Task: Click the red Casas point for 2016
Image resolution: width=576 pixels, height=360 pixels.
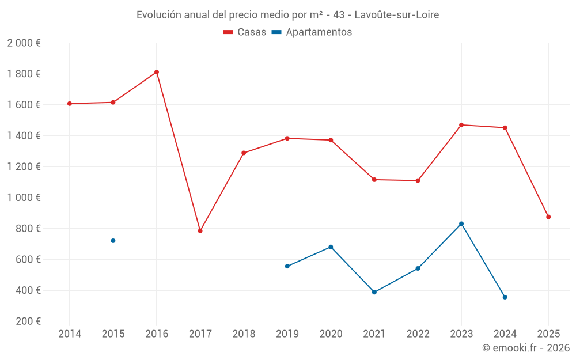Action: pyautogui.click(x=157, y=72)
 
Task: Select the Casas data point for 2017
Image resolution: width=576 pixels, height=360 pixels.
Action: pyautogui.click(x=200, y=231)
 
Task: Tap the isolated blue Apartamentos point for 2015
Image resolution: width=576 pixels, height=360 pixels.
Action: pyautogui.click(x=113, y=241)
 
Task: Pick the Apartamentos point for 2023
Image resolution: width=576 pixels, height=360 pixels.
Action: pyautogui.click(x=461, y=223)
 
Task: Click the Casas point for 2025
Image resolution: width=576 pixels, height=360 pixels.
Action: pyautogui.click(x=548, y=217)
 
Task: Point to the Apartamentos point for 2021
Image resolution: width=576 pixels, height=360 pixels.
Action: pyautogui.click(x=374, y=292)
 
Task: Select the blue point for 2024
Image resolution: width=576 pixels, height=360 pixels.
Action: pyautogui.click(x=505, y=297)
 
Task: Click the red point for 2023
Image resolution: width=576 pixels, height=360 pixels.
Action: pyautogui.click(x=461, y=125)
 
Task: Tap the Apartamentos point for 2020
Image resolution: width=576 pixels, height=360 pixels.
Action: pyautogui.click(x=331, y=247)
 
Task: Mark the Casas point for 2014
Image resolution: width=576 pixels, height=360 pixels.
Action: pyautogui.click(x=70, y=104)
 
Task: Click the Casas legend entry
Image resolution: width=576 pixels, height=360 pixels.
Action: pyautogui.click(x=245, y=32)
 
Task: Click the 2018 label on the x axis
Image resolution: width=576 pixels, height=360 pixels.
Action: pyautogui.click(x=244, y=334)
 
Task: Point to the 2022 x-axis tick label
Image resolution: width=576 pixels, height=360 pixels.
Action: pyautogui.click(x=418, y=334)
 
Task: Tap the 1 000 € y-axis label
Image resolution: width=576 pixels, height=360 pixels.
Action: pyautogui.click(x=24, y=198)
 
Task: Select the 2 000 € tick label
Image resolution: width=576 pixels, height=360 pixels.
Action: pyautogui.click(x=24, y=43)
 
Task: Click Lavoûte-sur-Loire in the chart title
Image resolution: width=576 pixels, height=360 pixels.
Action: pyautogui.click(x=397, y=15)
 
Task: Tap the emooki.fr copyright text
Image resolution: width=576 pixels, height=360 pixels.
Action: pyautogui.click(x=526, y=348)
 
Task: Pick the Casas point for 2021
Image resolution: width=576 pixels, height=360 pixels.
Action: pyautogui.click(x=374, y=180)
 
